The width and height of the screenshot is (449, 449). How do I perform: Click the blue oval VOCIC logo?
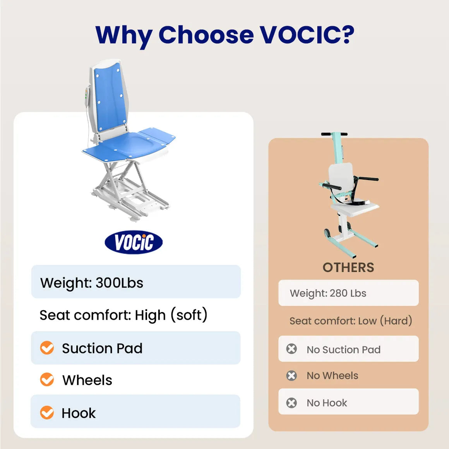point(134,243)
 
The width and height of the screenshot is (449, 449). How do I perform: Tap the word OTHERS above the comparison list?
point(348,267)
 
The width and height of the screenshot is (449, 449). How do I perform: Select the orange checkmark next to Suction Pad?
point(47,348)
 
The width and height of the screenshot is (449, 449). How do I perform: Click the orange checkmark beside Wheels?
point(47,380)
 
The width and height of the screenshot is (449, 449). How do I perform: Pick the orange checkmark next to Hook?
point(47,413)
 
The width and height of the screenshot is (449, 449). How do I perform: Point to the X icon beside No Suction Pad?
point(291,349)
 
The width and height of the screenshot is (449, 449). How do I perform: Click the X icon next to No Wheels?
point(291,375)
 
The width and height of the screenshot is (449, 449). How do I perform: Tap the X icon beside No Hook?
point(291,403)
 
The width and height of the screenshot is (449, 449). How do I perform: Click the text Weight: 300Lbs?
point(92,283)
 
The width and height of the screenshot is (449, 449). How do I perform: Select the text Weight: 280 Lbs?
point(328,293)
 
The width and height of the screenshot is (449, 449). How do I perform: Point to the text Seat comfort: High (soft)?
point(123,315)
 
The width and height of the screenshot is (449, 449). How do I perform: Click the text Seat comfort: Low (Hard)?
point(351,321)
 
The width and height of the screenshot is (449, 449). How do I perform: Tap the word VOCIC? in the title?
point(307,35)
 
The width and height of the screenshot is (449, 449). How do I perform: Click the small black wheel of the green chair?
point(327,233)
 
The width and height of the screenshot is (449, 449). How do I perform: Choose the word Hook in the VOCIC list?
point(79,413)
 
